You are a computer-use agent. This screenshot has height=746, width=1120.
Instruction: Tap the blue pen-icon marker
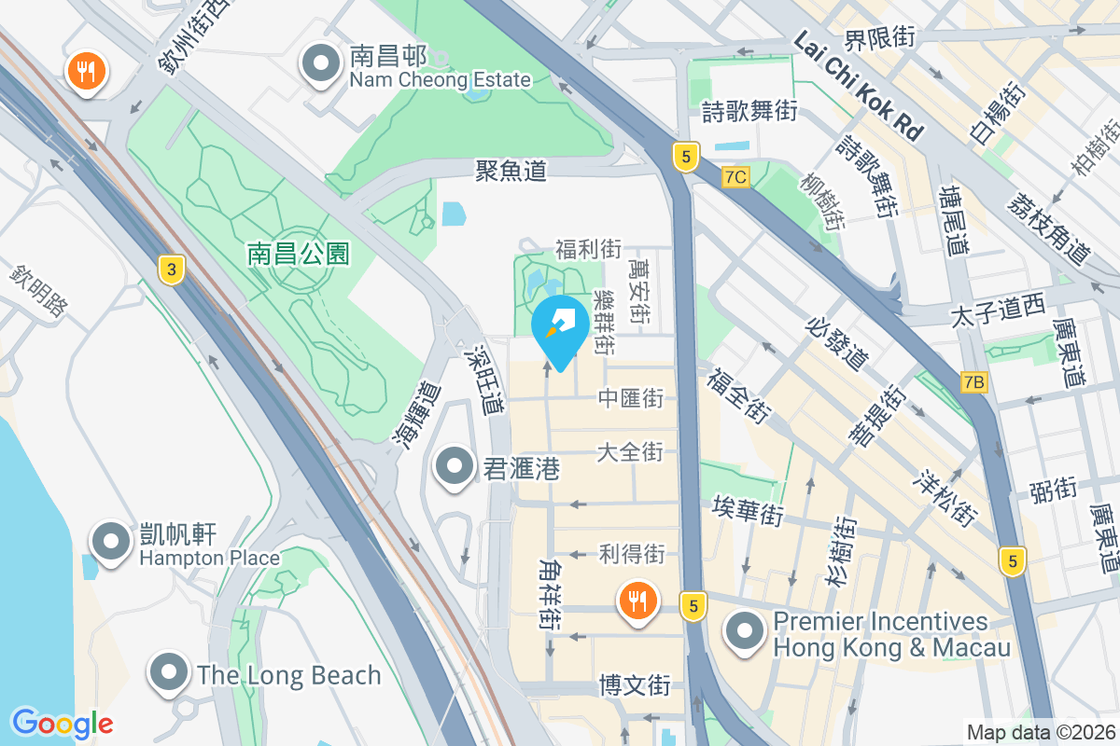(x=559, y=327)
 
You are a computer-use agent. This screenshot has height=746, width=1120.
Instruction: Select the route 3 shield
(x=170, y=270)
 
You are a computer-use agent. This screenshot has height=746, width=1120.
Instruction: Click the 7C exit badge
(x=735, y=176)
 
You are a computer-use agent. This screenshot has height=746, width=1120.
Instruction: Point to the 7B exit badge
(x=973, y=381)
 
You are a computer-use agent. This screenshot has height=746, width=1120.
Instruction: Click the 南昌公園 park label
(x=298, y=253)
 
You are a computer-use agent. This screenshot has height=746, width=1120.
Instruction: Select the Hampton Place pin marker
(x=111, y=542)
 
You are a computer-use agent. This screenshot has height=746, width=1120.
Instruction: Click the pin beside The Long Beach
(x=169, y=672)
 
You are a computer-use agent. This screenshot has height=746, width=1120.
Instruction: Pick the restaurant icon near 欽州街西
(x=87, y=70)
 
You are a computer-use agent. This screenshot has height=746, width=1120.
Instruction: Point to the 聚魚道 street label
(x=510, y=170)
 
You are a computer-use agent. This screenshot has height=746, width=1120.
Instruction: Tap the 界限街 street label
(x=878, y=38)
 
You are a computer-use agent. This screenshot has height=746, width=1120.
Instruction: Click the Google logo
(x=63, y=724)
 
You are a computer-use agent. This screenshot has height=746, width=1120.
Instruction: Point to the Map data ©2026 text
(x=1040, y=733)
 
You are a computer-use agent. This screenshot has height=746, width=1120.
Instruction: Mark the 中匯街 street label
(x=631, y=399)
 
